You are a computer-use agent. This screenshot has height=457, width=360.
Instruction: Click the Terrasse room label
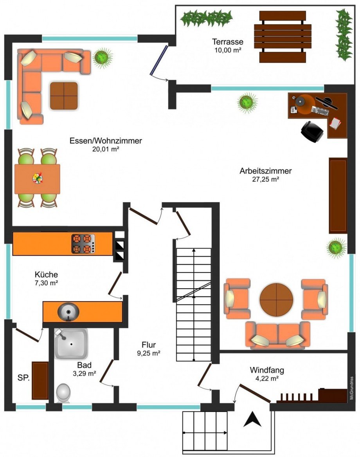coord(227,42)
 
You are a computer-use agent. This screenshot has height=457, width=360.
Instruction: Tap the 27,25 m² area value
coord(265,179)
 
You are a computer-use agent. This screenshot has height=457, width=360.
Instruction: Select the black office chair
coord(312,132)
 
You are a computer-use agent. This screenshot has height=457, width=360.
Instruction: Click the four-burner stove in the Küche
coord(83,244)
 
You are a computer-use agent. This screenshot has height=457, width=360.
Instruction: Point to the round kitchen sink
coord(68,312)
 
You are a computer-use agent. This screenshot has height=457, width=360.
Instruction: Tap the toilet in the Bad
coord(63,393)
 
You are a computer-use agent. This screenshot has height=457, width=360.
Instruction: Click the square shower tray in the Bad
coord(71,343)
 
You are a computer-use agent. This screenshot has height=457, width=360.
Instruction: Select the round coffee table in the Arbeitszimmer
coord(276,299)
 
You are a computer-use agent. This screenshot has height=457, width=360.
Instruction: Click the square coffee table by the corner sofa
coord(64,96)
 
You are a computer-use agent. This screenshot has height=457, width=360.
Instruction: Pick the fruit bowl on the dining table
coord(38,178)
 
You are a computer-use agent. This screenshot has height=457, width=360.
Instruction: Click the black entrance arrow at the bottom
coord(252,420)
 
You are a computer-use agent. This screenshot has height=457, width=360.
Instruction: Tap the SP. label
coord(23,378)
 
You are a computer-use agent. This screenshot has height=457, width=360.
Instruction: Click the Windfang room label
coord(267,370)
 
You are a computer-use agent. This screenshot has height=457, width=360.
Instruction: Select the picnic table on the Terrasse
coord(283,37)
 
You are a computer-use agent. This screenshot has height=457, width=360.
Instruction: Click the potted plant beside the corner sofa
coord(102,58)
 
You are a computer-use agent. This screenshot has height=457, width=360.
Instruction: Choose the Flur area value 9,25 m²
coord(149,353)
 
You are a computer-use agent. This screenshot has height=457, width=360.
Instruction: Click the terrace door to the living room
coord(159,60)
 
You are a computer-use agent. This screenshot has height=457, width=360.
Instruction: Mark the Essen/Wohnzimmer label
coord(106,141)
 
